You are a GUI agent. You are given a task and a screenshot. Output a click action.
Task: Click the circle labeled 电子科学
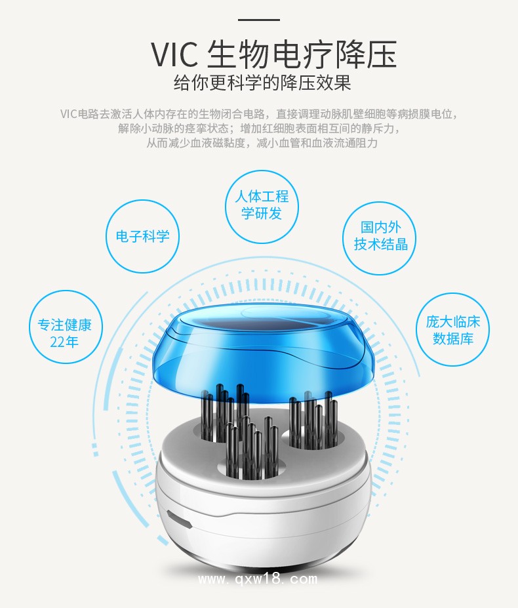pyautogui.click(x=142, y=236)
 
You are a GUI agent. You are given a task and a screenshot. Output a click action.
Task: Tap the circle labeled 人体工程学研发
pyautogui.click(x=261, y=205)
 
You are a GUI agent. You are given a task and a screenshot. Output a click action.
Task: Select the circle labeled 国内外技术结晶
pyautogui.click(x=380, y=236)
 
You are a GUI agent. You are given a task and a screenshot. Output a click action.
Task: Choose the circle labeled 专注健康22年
pyautogui.click(x=64, y=333)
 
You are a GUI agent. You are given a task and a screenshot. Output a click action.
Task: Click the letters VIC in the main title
pyautogui.click(x=174, y=55)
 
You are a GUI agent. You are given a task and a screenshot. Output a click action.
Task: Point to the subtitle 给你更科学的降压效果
pyautogui.click(x=262, y=83)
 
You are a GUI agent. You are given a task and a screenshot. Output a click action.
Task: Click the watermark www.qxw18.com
pyautogui.click(x=258, y=579)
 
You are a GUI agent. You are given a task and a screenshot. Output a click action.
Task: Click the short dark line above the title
pyautogui.click(x=259, y=20)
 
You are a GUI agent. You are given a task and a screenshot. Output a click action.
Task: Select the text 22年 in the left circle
pyautogui.click(x=64, y=342)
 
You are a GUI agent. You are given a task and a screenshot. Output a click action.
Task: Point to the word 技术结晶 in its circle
pyautogui.click(x=380, y=245)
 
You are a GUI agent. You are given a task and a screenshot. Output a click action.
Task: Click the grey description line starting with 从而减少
pyautogui.click(x=262, y=142)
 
